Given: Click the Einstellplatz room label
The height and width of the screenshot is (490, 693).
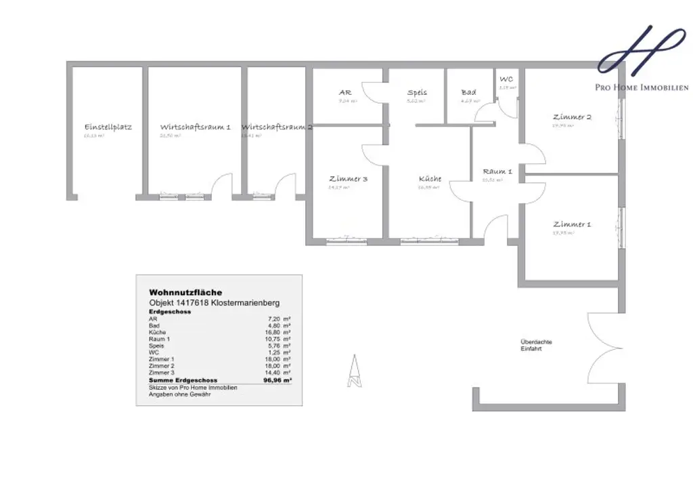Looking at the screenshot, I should click(x=108, y=127).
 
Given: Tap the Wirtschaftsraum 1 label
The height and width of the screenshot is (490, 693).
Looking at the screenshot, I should click(x=196, y=127).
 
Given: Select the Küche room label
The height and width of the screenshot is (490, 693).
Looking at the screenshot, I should click(x=430, y=179).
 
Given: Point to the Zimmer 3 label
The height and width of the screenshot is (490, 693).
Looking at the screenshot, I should click(x=348, y=179).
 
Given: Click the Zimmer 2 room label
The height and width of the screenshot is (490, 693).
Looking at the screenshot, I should click(x=572, y=117).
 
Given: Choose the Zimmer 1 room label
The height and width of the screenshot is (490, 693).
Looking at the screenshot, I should click(x=572, y=224).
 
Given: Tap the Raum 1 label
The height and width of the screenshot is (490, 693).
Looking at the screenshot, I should click(x=497, y=171).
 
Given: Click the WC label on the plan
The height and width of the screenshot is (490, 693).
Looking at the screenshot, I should click(x=506, y=79).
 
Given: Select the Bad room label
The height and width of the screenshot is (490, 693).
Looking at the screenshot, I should click(x=468, y=92).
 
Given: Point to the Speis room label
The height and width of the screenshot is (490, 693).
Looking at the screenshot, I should click(x=417, y=92).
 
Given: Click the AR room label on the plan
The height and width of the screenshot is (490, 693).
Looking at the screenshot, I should click(x=345, y=92).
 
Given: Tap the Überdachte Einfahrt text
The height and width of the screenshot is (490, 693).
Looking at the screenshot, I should click(x=531, y=345).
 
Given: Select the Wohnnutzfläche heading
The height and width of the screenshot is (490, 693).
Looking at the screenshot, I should click(x=185, y=292).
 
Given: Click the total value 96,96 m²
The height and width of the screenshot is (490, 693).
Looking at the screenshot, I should click(x=277, y=380).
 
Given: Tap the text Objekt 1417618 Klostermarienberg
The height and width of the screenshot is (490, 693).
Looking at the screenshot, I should click(x=214, y=302).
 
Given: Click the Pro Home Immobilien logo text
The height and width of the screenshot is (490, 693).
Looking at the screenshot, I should click(x=642, y=87).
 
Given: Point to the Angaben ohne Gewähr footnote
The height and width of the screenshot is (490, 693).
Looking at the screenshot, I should click(x=179, y=394).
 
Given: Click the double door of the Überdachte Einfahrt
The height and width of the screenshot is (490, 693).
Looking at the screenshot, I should click(x=606, y=348).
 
